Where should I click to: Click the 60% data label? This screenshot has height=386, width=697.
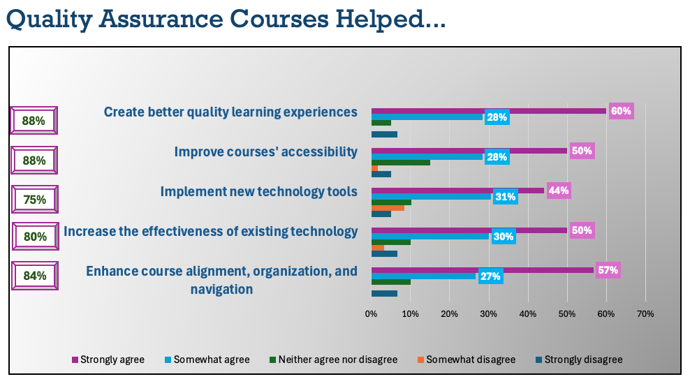621,111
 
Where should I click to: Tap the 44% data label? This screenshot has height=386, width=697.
559,191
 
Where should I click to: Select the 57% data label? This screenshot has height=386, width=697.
608,270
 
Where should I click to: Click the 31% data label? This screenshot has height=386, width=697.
506,198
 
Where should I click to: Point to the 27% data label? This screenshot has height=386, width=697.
490,276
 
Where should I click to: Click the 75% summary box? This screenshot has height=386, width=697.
34,200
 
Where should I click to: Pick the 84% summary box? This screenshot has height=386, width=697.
34,276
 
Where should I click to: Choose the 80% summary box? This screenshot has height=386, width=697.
34,237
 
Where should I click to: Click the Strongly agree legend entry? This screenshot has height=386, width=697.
108,360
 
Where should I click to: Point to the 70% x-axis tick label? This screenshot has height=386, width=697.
645,315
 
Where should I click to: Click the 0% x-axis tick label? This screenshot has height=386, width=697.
372,315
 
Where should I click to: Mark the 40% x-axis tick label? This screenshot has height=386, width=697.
528,315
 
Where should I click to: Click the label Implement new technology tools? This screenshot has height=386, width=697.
258,191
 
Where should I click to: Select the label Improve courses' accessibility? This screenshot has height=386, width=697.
265,151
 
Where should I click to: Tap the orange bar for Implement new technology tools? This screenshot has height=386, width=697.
388,207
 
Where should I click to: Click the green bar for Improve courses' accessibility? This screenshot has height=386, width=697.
400,162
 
